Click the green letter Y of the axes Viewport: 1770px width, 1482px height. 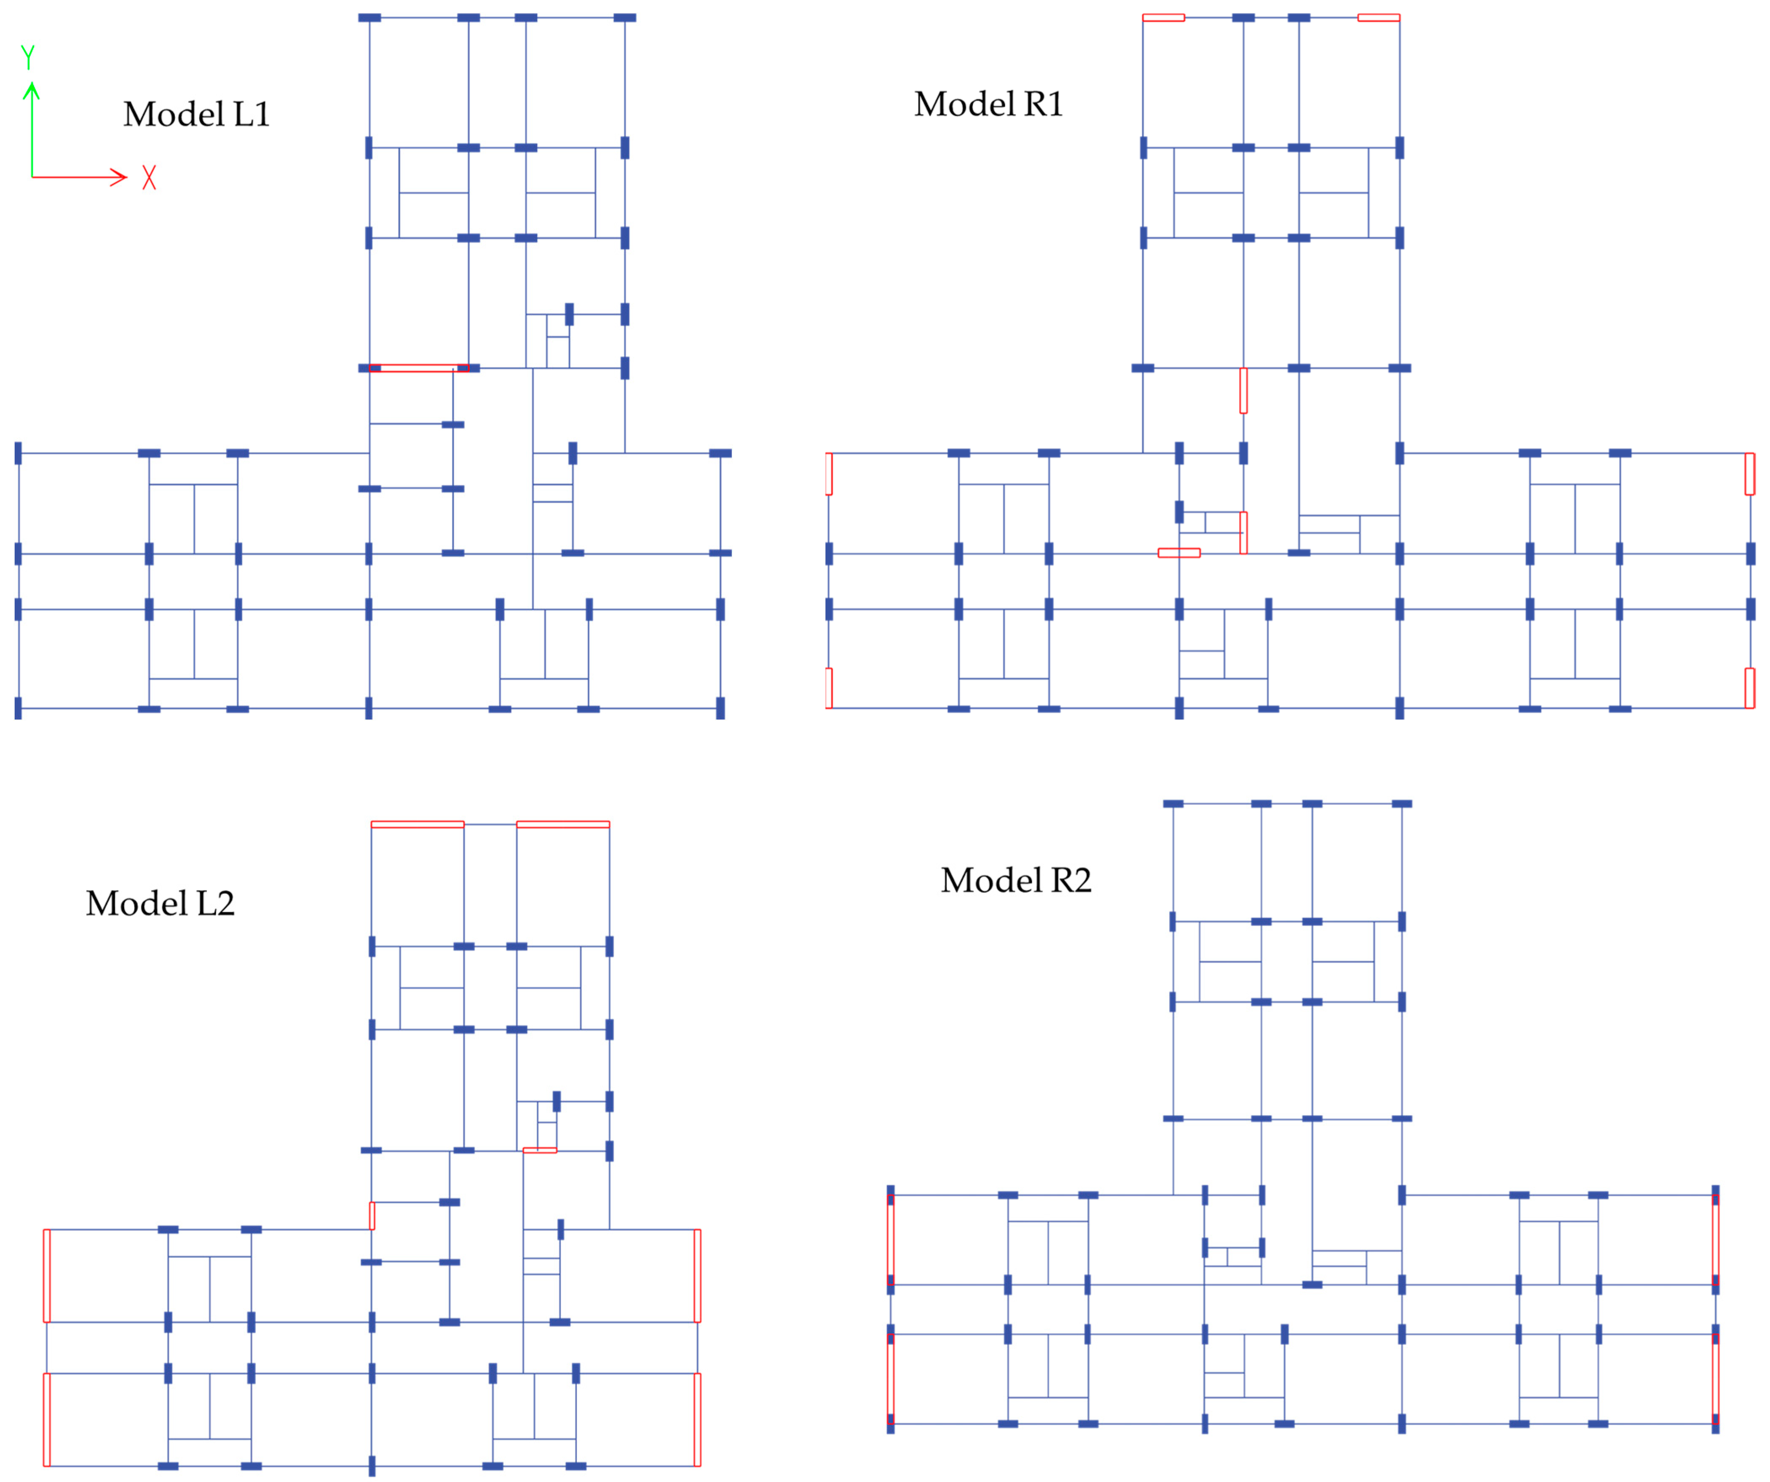[x=28, y=57]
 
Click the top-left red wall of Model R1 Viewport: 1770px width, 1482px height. [x=1163, y=17]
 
